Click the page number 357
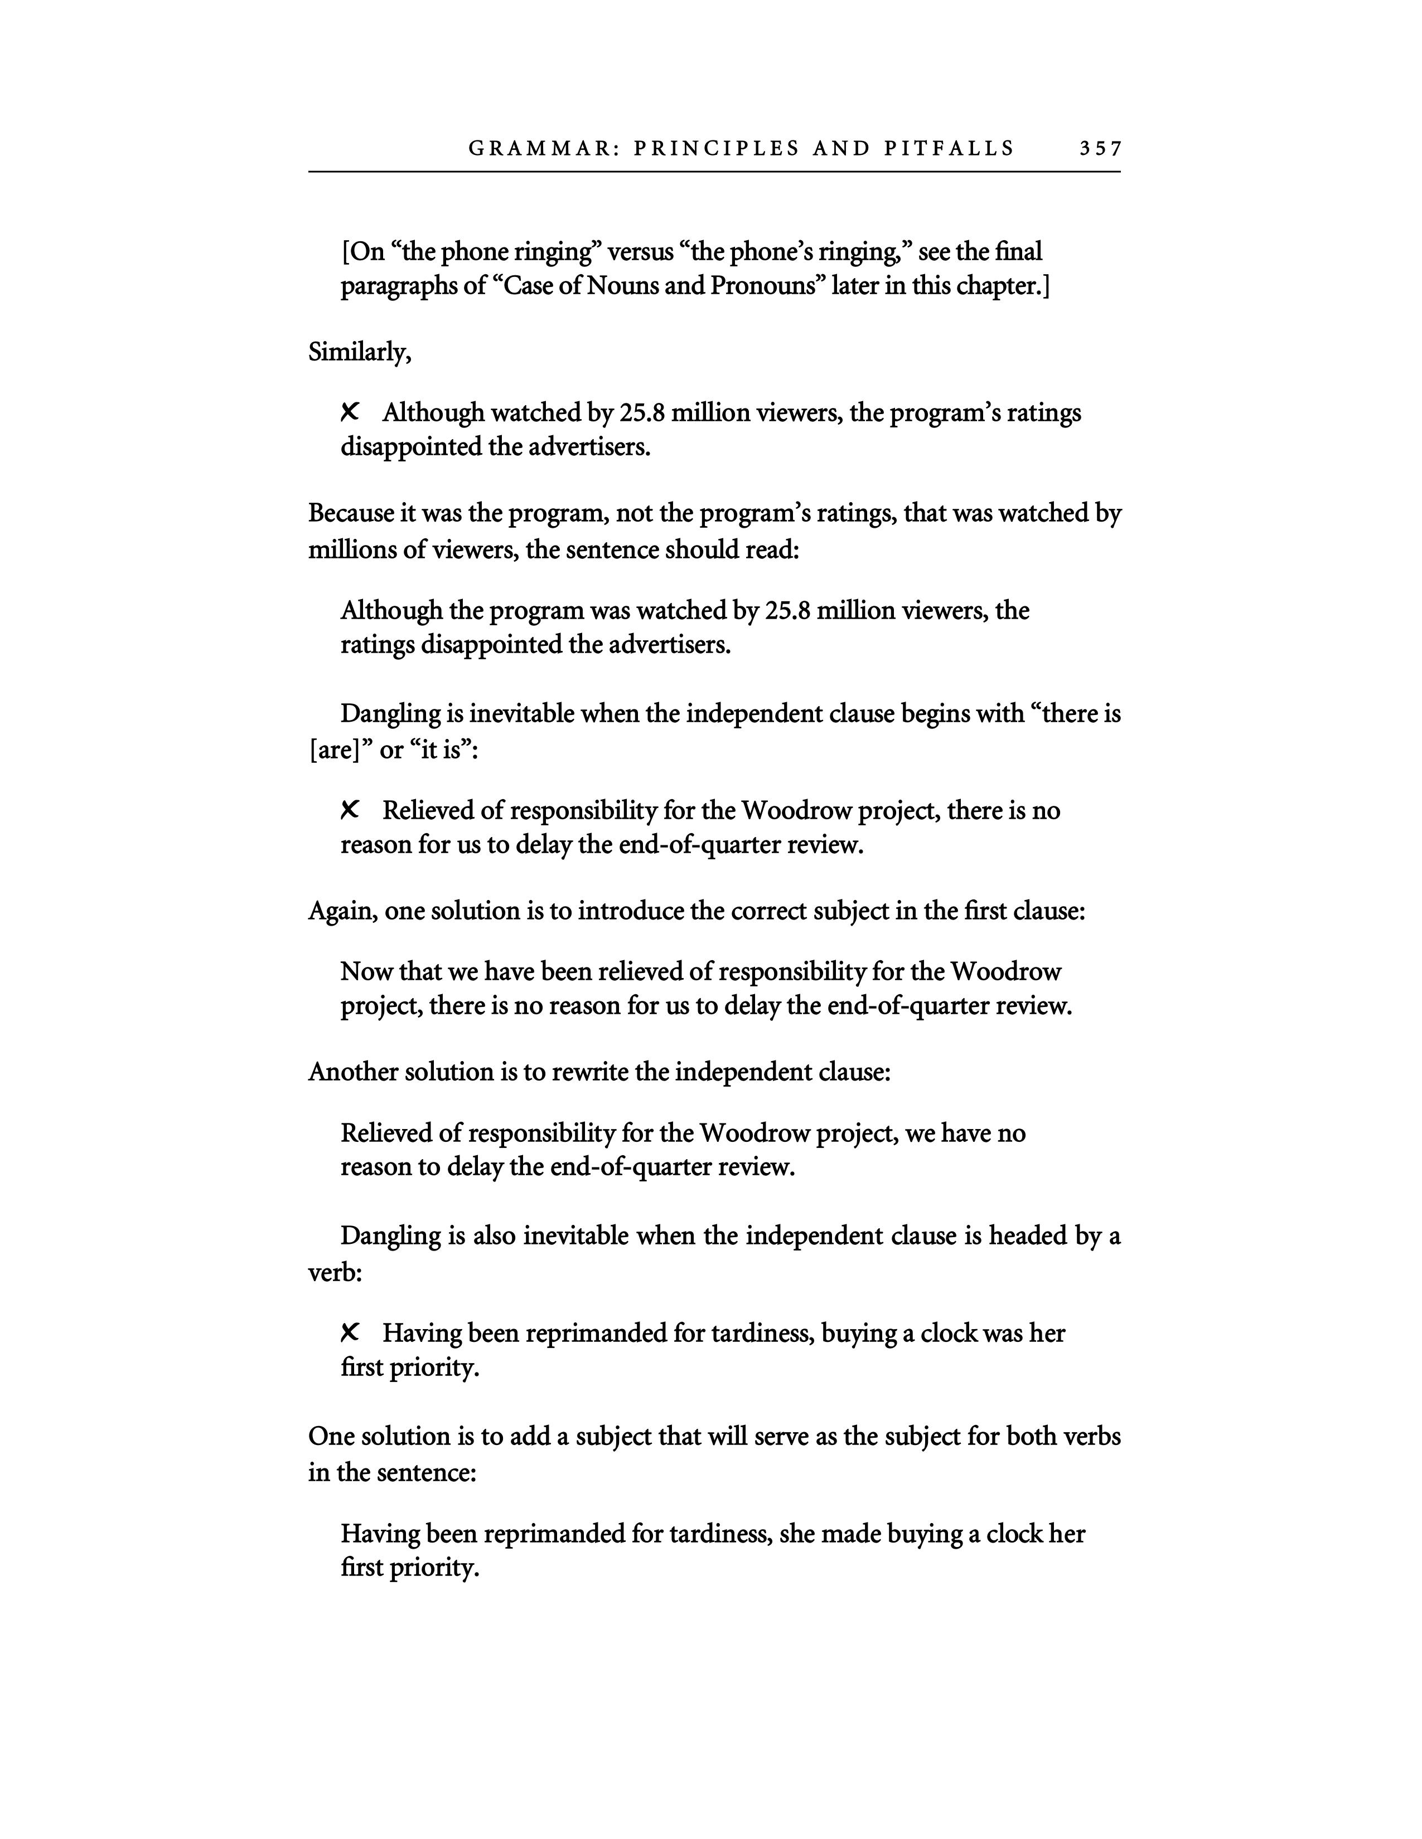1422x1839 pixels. click(x=1101, y=149)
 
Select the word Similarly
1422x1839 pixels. click(x=359, y=352)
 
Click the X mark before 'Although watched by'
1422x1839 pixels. click(x=350, y=412)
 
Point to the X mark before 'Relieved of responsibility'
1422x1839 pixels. click(x=350, y=810)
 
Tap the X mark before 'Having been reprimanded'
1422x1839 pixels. click(x=350, y=1333)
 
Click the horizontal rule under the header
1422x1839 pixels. click(x=714, y=172)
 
